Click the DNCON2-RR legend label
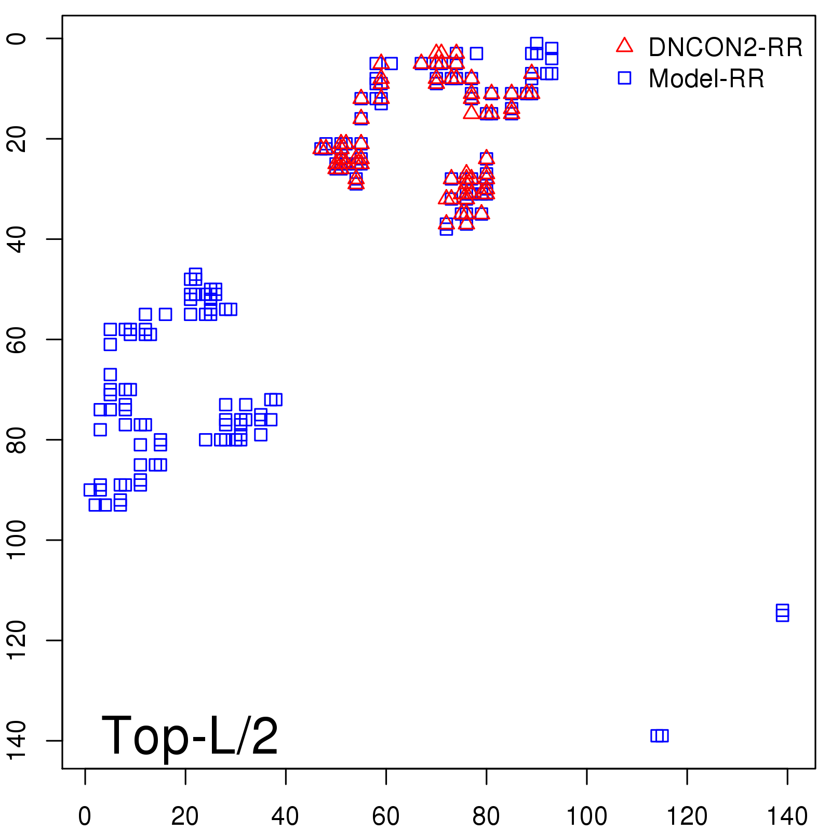(725, 47)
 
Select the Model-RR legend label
(706, 79)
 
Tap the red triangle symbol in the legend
(624, 46)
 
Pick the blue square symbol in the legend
(624, 78)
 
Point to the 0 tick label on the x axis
(85, 816)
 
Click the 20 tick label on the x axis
(185, 816)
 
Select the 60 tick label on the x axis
(385, 816)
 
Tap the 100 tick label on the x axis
(586, 816)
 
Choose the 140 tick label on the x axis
(787, 816)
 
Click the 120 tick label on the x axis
(687, 816)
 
